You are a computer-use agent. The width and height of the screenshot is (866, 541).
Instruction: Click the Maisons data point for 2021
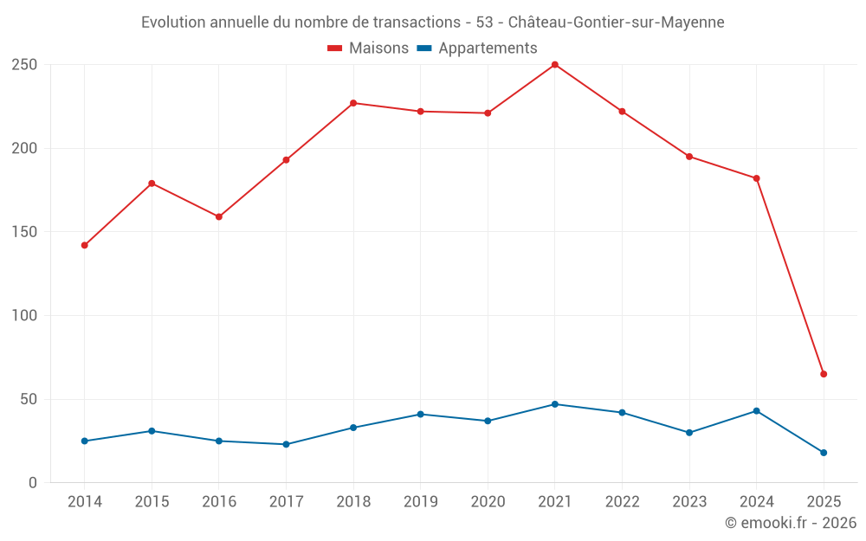[555, 65]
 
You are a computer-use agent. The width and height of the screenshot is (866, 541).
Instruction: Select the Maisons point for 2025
[824, 374]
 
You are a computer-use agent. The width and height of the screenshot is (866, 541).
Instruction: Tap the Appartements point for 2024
[756, 411]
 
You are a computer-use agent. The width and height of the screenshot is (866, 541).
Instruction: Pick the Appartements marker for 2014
[85, 441]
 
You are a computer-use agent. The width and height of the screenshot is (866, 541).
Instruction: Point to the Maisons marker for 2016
[219, 217]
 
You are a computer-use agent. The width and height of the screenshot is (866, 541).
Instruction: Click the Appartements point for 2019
[421, 415]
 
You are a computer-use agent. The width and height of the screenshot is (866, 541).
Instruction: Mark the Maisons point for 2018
[353, 103]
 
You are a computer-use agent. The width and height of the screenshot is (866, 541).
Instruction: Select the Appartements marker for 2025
[824, 453]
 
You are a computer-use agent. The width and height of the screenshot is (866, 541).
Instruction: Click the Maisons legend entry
[368, 48]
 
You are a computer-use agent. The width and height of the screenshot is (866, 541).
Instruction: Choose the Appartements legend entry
[477, 48]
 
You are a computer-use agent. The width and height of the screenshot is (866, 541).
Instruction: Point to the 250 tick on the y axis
[24, 65]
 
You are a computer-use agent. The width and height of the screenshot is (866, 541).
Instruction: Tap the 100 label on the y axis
[24, 316]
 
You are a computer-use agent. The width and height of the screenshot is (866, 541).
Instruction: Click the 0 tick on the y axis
[32, 483]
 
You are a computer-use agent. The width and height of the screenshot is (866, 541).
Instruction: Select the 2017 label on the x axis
[286, 502]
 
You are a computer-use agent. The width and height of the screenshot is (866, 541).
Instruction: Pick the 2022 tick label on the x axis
[622, 502]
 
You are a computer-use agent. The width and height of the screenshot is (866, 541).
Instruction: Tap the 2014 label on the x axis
[85, 502]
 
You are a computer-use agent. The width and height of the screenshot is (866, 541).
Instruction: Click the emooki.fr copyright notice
[791, 523]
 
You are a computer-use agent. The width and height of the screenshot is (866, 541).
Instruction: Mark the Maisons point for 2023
[689, 157]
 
